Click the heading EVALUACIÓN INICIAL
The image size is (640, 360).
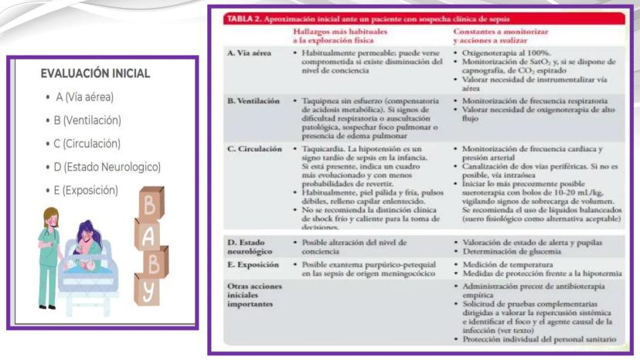[x=95, y=74]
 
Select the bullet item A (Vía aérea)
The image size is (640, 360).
[x=84, y=97]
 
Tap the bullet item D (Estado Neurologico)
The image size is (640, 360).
[x=107, y=167]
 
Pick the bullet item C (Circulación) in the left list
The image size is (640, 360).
[x=87, y=144]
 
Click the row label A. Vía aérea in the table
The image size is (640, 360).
[x=249, y=53]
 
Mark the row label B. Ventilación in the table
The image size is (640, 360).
[x=253, y=101]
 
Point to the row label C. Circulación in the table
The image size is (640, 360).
[x=253, y=149]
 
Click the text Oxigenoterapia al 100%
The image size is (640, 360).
[x=499, y=53]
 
